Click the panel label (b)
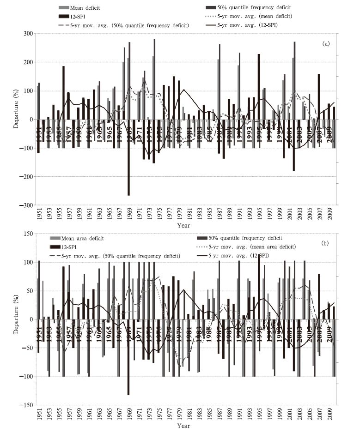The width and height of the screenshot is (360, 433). [326, 243]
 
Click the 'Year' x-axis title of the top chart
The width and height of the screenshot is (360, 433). [183, 225]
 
